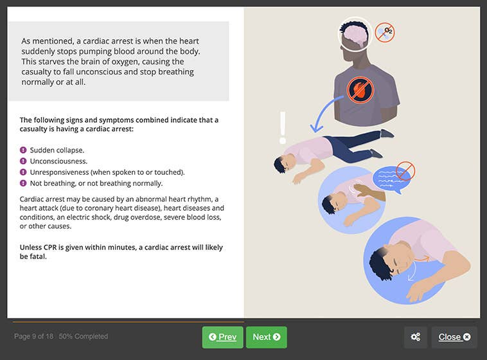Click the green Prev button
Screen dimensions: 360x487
222,337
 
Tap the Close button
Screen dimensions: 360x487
454,337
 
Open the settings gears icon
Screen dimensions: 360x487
416,337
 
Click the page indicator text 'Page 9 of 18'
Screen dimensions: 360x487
34,336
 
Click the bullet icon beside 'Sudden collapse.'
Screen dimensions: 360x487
23,150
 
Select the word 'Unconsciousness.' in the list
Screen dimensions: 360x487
58,161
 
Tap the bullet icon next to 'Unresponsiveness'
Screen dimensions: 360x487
23,172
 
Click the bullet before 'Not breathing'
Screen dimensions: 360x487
23,183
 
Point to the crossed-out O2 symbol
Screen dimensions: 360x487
384,32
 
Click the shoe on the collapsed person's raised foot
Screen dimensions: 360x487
387,134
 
